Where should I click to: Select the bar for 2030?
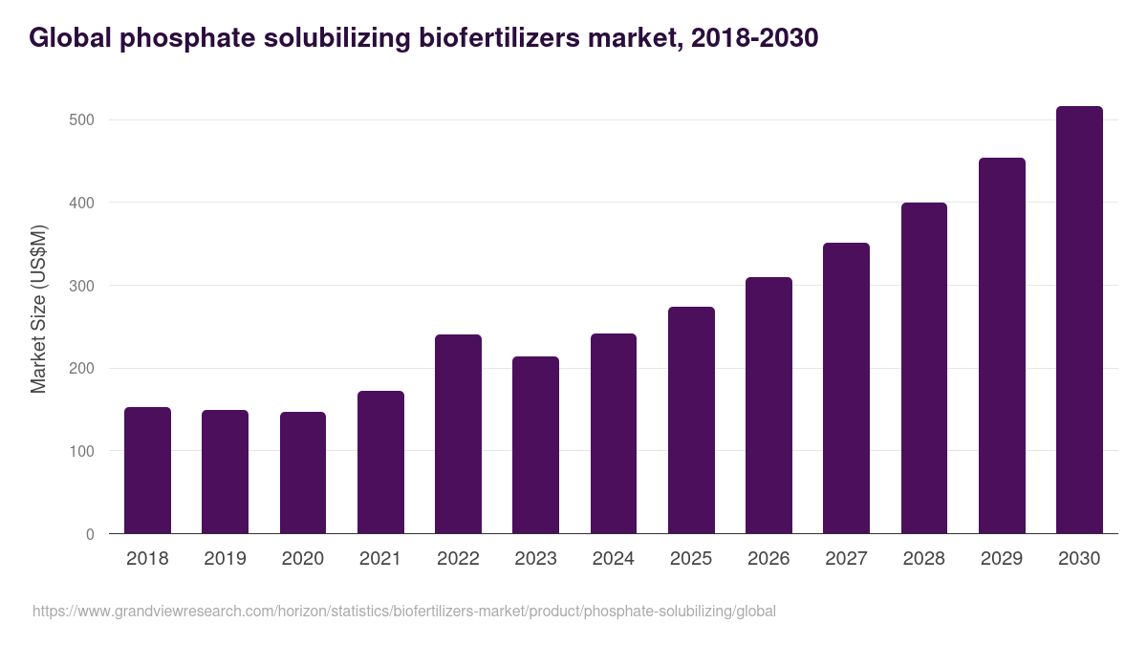pos(1079,320)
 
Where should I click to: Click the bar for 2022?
pos(458,434)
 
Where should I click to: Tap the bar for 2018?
pos(147,470)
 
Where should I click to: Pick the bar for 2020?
pos(303,473)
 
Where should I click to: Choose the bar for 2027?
pos(846,388)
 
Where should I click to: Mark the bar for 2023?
pos(535,445)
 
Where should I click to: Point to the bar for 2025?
pos(691,420)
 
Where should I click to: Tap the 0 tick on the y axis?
pos(90,534)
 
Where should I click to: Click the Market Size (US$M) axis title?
pos(38,309)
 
